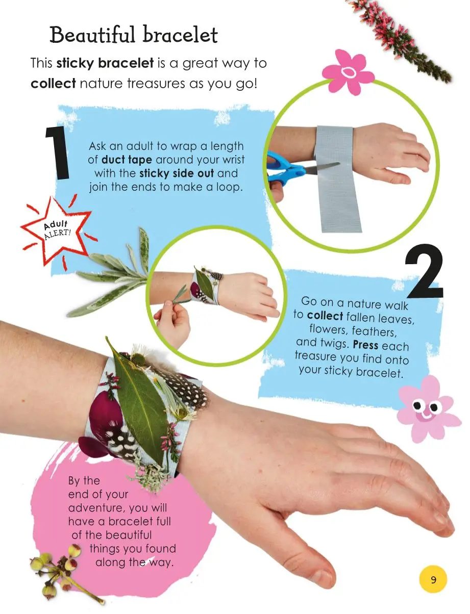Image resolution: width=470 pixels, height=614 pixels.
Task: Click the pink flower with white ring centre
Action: (348, 72)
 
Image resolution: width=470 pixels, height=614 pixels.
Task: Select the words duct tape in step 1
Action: (127, 160)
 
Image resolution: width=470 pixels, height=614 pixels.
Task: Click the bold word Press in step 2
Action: (365, 345)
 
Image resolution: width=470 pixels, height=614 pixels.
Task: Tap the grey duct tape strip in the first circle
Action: (337, 179)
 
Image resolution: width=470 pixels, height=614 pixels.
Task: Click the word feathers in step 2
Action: (374, 331)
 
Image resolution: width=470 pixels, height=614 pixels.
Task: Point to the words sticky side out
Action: (177, 173)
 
